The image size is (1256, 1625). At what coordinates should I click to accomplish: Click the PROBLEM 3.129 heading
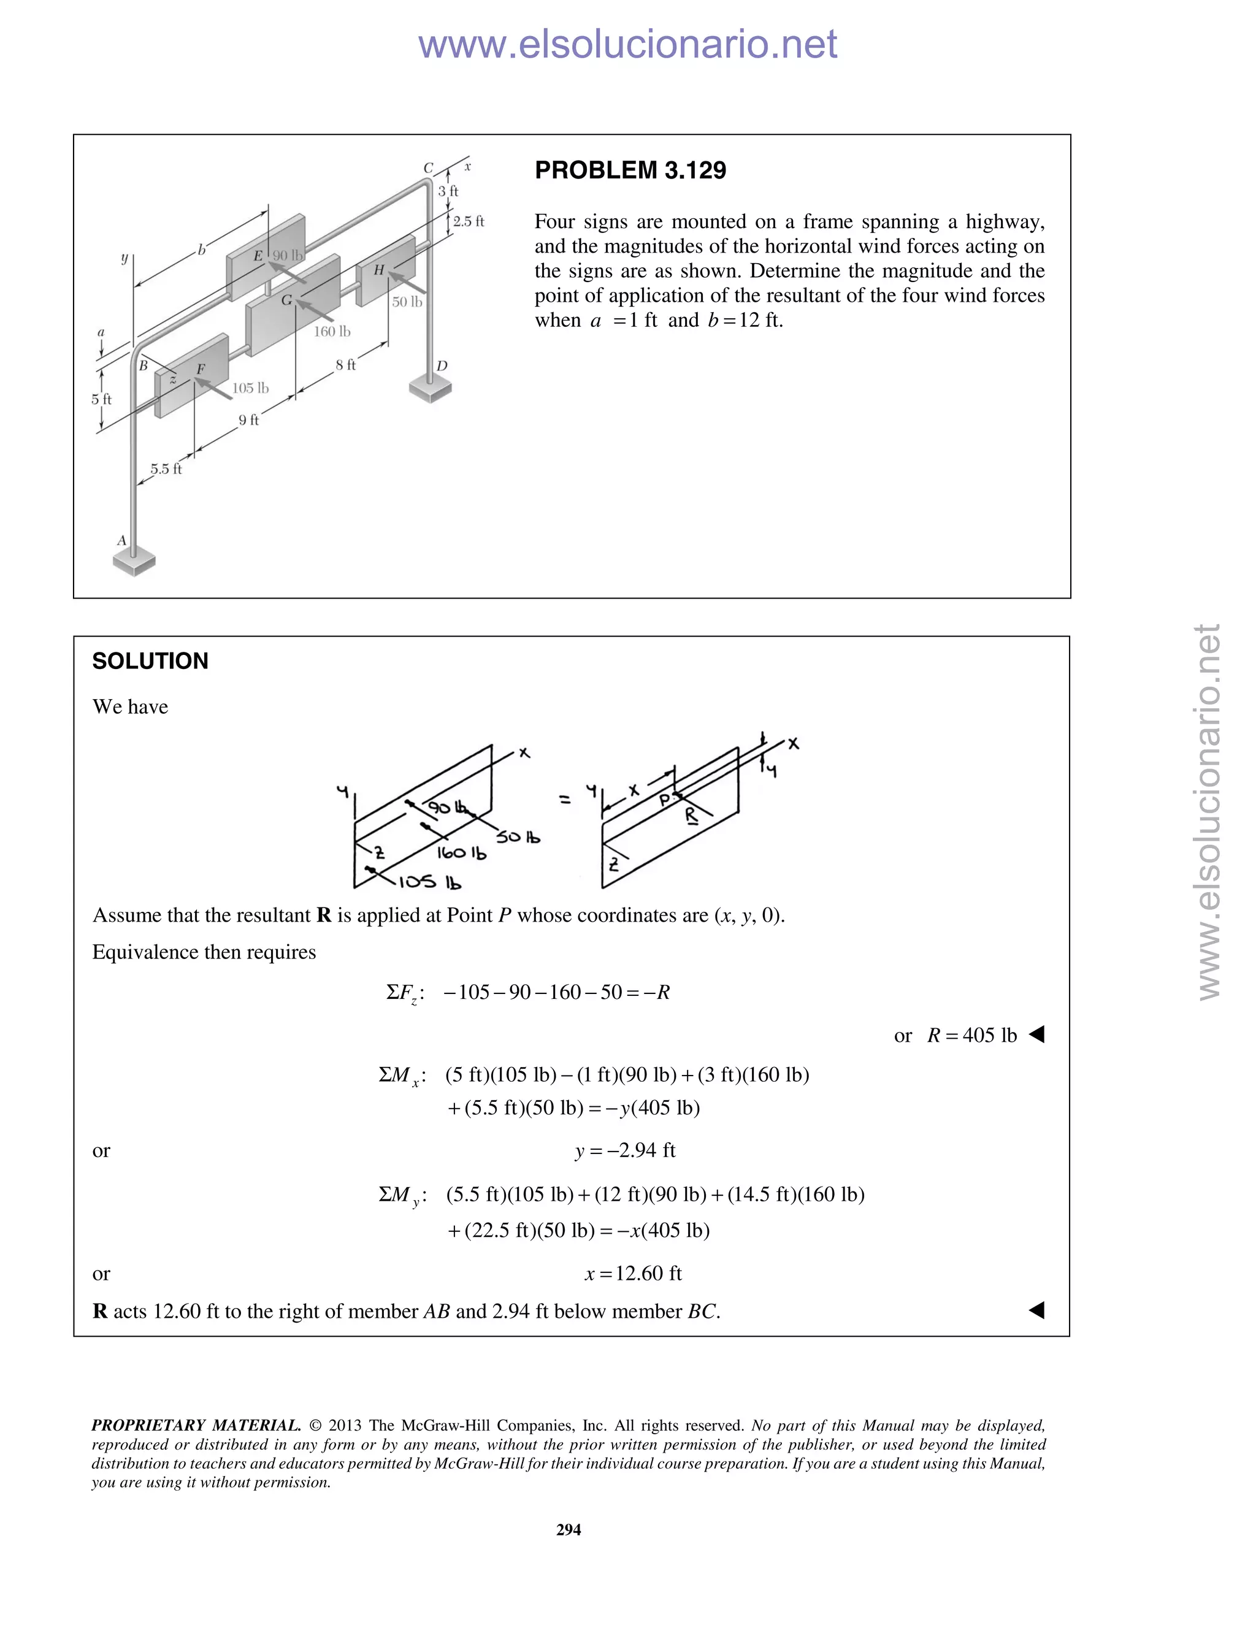coord(630,170)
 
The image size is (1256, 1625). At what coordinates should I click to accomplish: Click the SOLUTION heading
coord(150,660)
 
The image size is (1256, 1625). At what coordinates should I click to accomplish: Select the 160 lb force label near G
coord(331,331)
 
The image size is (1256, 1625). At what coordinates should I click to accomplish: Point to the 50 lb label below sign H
coord(407,301)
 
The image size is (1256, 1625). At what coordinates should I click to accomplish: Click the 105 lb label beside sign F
coord(250,388)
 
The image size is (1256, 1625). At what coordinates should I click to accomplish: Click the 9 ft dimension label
coord(248,421)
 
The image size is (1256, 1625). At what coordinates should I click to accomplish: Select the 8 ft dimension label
coord(345,365)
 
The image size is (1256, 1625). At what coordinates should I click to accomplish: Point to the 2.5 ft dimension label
coord(468,221)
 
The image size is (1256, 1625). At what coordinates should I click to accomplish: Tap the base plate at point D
coord(430,388)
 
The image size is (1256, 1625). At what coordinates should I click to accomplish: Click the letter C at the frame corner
coord(428,168)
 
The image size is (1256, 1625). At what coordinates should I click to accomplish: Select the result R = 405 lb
coord(971,1035)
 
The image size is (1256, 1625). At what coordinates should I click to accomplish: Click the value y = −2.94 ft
coord(625,1150)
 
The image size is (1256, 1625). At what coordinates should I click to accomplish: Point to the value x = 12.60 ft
coord(633,1273)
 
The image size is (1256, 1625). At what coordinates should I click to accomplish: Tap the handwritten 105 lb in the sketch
coord(430,882)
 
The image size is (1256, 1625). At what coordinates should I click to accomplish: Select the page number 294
coord(569,1530)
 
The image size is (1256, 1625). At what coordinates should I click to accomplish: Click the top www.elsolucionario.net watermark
coord(627,44)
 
